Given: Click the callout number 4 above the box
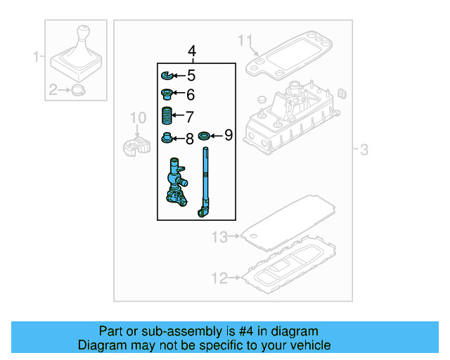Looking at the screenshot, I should (193, 51).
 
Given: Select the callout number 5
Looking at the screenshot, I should (191, 76).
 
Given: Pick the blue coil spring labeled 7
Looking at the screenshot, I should (166, 115).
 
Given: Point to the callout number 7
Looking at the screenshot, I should (188, 116).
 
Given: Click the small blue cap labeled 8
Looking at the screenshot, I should (167, 137).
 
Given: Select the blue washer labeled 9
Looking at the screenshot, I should (205, 135).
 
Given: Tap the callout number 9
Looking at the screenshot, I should (228, 134).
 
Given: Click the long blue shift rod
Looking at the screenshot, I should (206, 183).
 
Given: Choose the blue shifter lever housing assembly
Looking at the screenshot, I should (174, 185).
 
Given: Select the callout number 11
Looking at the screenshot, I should (244, 39).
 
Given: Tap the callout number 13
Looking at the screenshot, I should (220, 238).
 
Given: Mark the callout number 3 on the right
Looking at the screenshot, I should (364, 149).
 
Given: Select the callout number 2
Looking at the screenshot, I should (53, 89).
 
